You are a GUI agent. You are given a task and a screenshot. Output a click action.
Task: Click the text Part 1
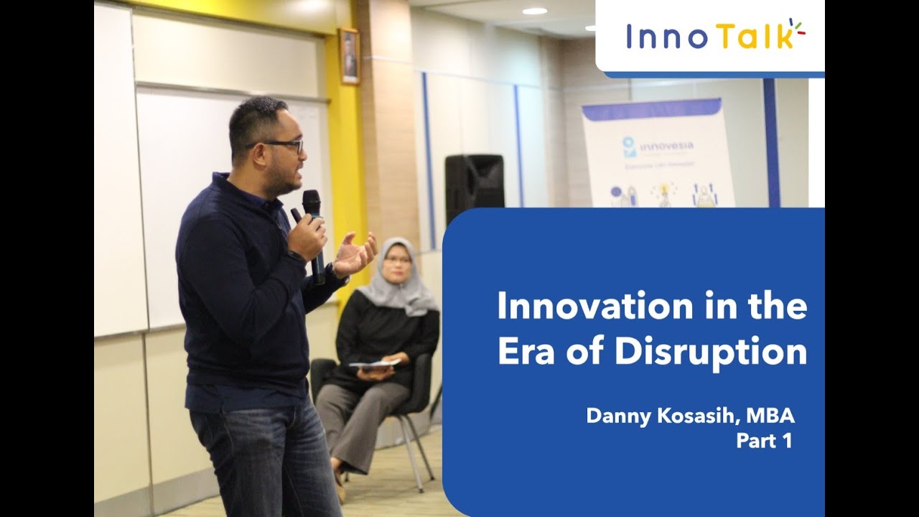tap(764, 441)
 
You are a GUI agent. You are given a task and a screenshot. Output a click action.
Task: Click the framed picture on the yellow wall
tap(350, 57)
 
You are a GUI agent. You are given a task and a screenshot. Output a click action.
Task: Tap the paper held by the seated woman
tap(375, 363)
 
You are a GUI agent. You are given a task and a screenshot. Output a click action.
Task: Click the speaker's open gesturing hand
tap(356, 255)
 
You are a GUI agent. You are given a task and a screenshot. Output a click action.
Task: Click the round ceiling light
tap(534, 11)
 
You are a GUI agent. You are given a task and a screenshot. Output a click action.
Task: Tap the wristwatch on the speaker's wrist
tap(332, 271)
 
